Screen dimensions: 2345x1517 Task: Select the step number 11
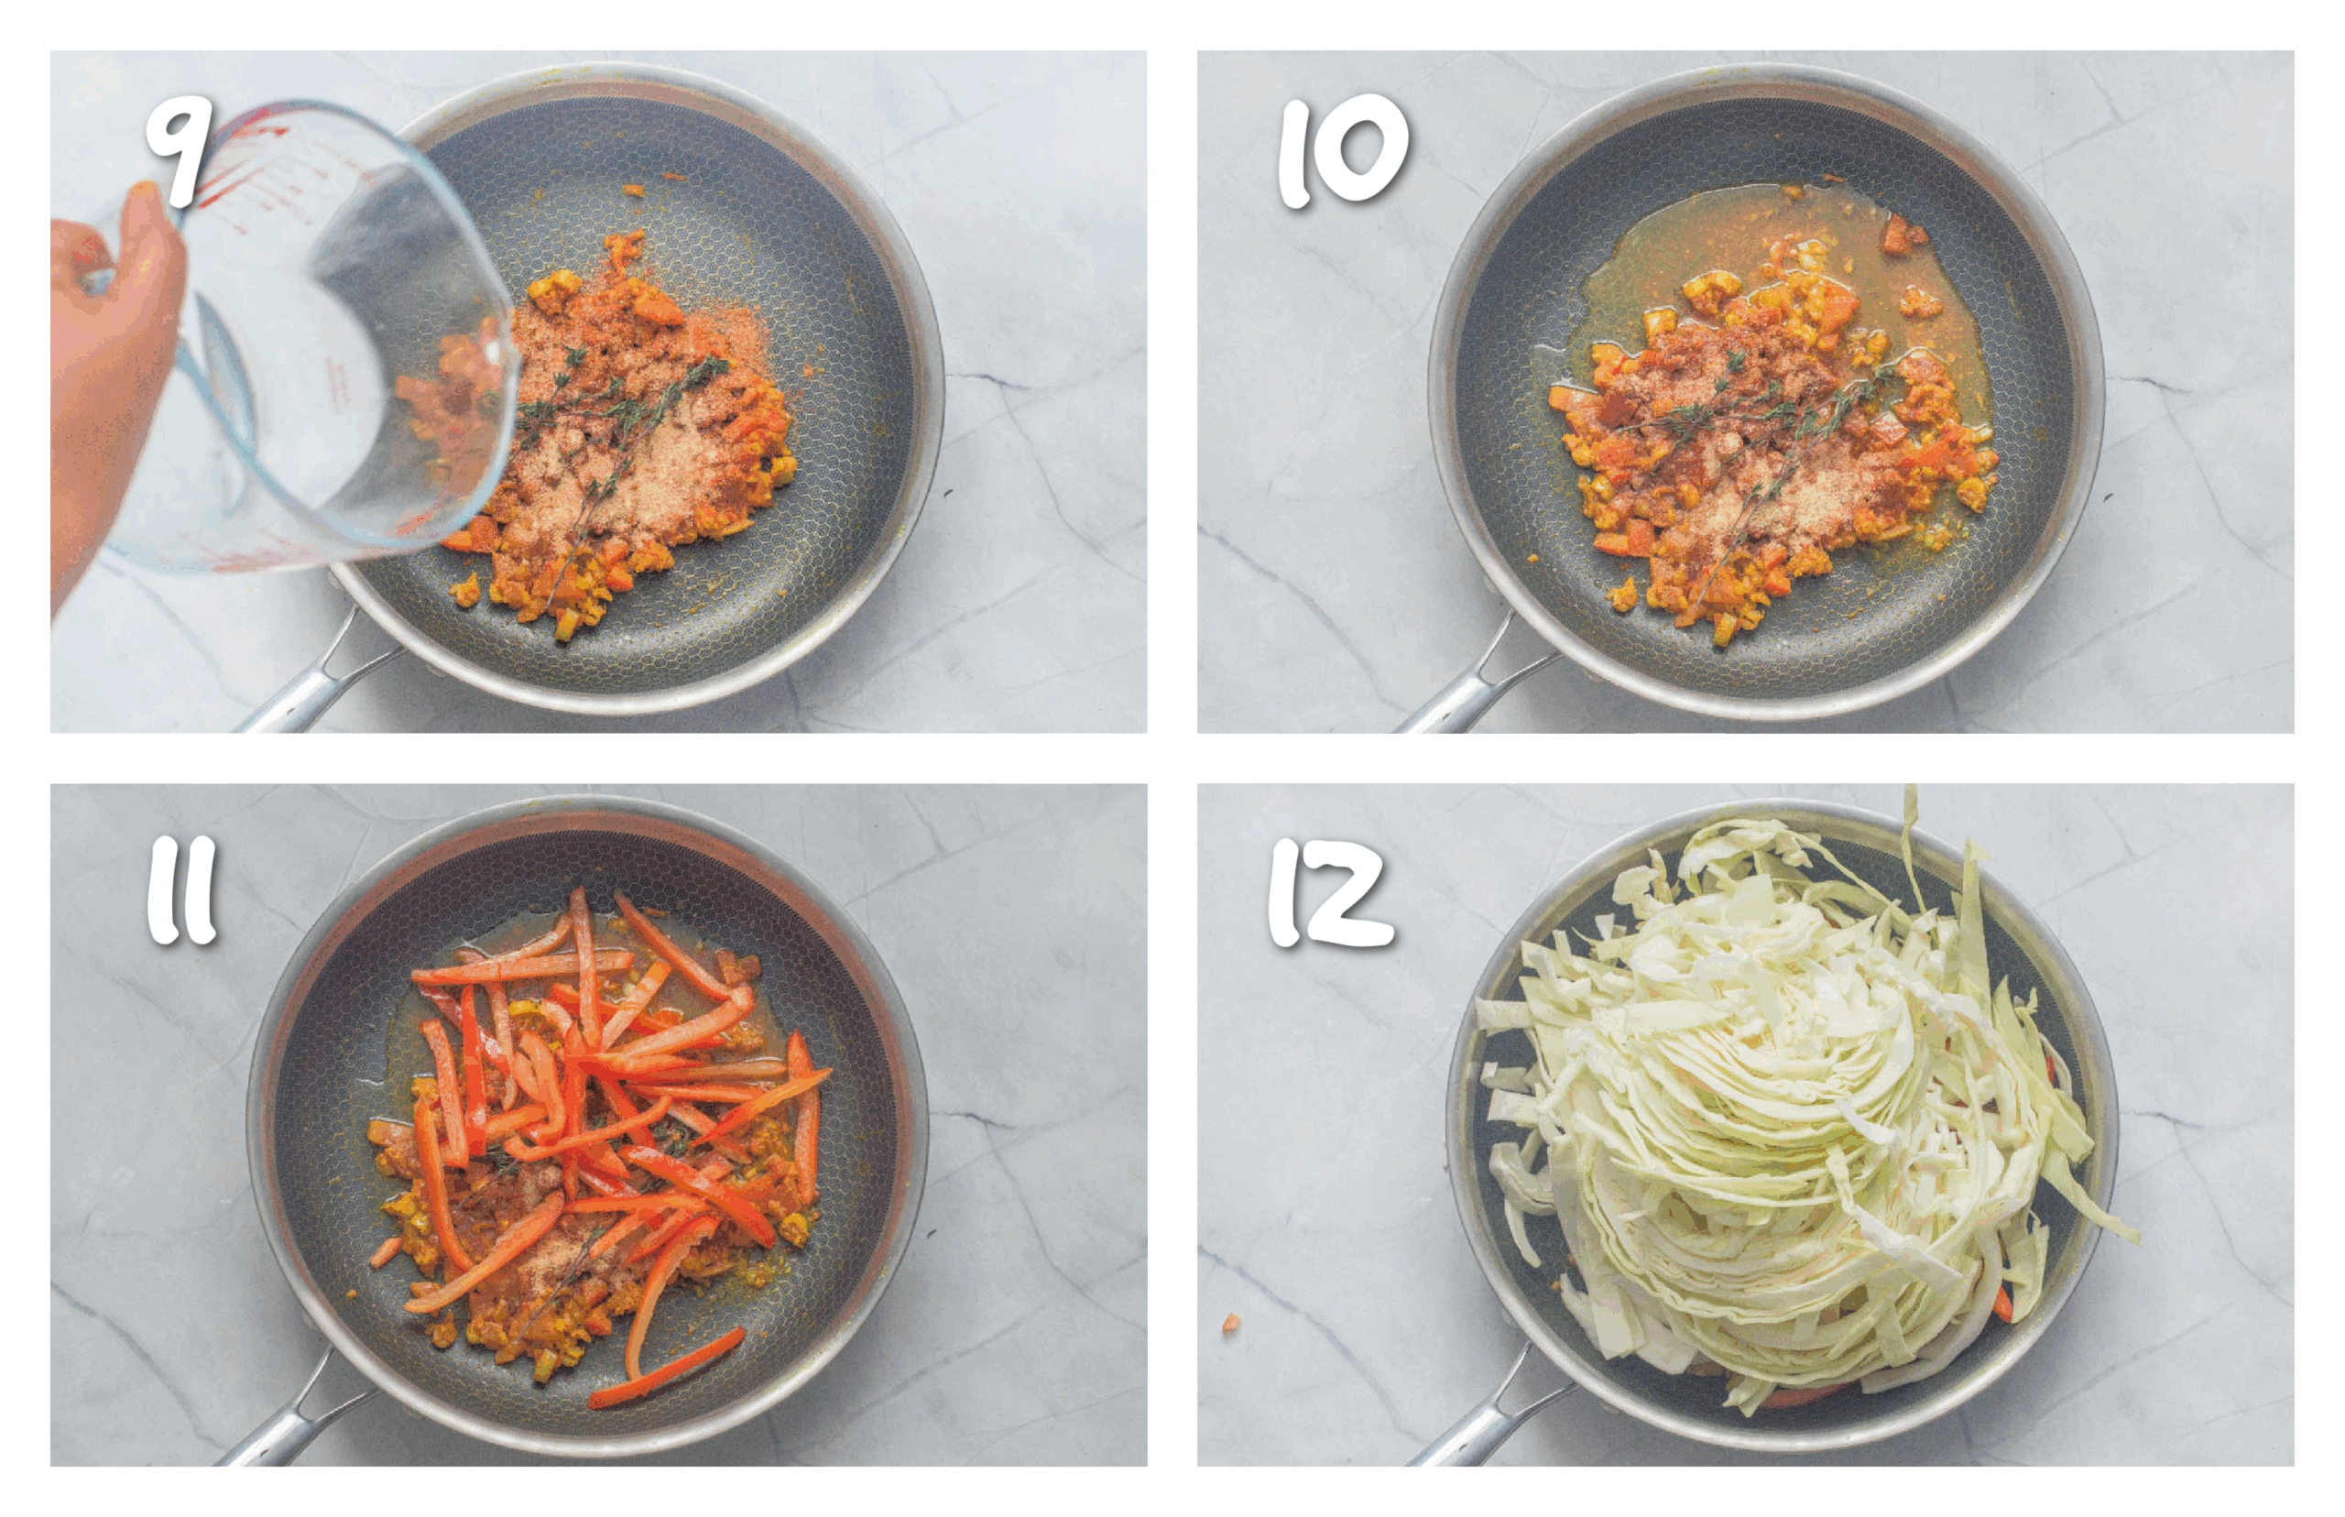pyautogui.click(x=181, y=891)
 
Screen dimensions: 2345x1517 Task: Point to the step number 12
pyautogui.click(x=1331, y=892)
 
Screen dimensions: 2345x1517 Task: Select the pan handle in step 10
pyautogui.click(x=1467, y=680)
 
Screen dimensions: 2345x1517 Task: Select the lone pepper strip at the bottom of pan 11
pyautogui.click(x=667, y=1370)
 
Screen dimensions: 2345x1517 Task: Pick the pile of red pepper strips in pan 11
pyautogui.click(x=611, y=1113)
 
